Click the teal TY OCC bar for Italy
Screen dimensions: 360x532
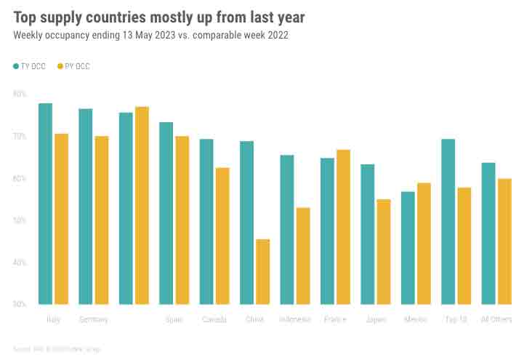(45, 204)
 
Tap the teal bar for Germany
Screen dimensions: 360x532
(86, 207)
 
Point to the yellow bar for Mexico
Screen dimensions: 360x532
(424, 244)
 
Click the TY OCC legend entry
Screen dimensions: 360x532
(30, 66)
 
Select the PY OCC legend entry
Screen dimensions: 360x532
(74, 66)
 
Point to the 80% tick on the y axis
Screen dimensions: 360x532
(20, 94)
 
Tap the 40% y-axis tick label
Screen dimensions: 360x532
(20, 262)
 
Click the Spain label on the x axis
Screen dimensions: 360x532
(174, 319)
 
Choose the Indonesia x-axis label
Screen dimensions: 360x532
(295, 319)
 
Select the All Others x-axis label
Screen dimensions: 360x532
(497, 319)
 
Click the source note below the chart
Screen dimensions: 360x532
(57, 349)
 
